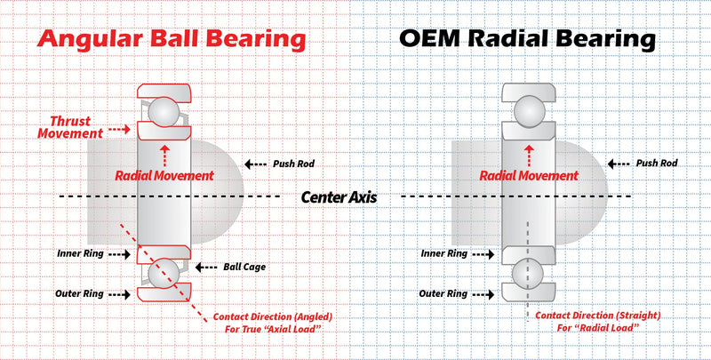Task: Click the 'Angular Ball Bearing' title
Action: (172, 39)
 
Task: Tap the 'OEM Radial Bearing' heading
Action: (527, 39)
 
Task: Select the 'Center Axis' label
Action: (340, 197)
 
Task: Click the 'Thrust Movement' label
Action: (71, 127)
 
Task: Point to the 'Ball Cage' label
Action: (244, 267)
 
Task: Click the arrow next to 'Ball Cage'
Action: (207, 268)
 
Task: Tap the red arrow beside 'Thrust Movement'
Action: (120, 129)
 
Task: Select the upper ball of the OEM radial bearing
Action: (528, 109)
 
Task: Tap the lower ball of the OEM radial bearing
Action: (528, 274)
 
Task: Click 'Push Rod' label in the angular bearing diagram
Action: (293, 164)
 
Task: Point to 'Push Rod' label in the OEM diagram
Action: (657, 164)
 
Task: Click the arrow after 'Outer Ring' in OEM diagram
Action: (483, 295)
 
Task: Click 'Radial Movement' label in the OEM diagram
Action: (529, 176)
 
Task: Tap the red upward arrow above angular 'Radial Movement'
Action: (164, 156)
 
